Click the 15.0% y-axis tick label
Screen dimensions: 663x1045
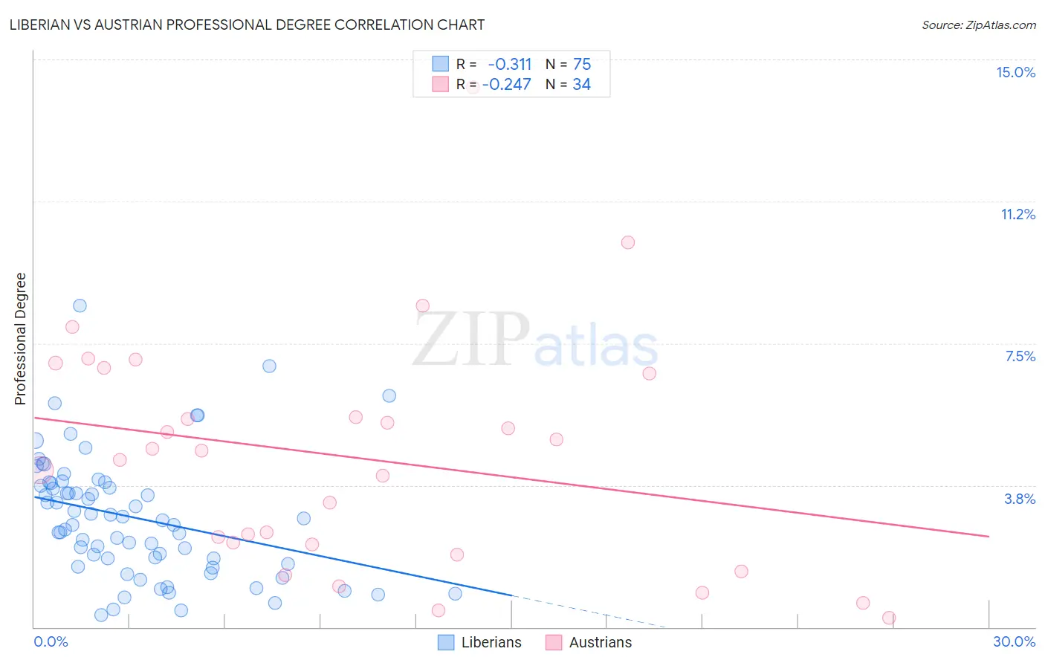[1015, 72]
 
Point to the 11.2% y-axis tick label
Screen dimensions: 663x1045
[1017, 214]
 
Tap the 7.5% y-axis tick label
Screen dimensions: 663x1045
[1020, 356]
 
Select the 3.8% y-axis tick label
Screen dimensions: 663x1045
[1020, 499]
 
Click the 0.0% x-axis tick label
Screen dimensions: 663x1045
[51, 641]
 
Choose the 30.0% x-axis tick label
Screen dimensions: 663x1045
[1014, 641]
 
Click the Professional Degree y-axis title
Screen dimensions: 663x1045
[20, 339]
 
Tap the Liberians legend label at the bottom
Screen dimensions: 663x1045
[491, 642]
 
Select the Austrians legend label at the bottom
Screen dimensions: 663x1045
[600, 642]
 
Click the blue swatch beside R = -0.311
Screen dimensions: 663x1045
[441, 64]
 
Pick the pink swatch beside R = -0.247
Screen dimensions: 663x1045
[441, 84]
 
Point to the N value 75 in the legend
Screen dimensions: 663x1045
[582, 64]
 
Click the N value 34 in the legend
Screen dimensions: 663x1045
[581, 84]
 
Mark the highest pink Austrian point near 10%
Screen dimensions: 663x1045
[628, 242]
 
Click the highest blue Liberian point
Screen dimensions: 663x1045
[80, 305]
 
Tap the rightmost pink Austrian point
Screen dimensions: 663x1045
[888, 618]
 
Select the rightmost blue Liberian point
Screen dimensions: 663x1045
[455, 593]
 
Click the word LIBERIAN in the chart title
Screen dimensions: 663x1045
[45, 25]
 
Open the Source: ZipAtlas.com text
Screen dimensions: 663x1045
[978, 25]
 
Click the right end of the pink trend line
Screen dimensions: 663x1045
[989, 536]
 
